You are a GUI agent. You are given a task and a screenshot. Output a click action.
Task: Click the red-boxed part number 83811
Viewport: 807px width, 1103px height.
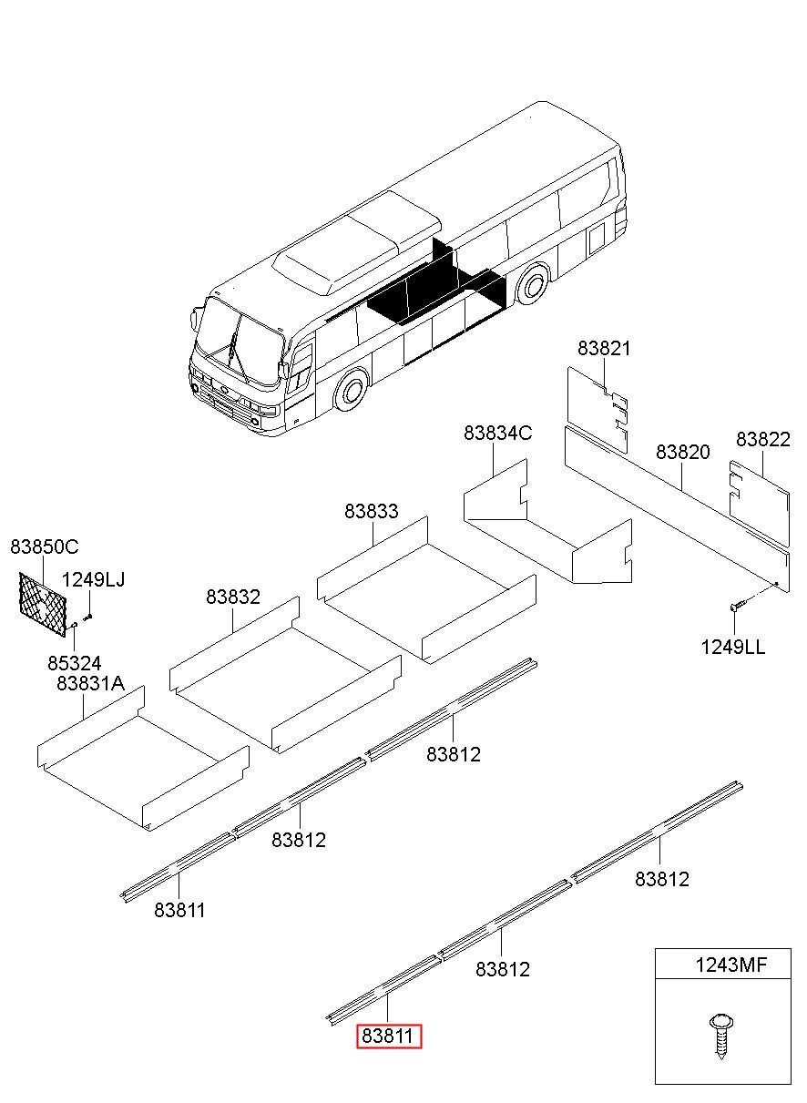pos(389,1037)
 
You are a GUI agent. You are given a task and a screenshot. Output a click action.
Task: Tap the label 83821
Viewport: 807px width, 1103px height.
pos(604,348)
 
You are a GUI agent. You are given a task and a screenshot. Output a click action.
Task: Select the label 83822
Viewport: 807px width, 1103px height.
pos(762,439)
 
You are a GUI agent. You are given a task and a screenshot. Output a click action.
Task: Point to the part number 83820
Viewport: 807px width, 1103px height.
pos(682,452)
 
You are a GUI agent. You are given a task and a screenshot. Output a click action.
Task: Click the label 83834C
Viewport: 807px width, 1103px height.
pos(497,433)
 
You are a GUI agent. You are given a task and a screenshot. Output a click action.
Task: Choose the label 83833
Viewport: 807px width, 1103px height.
pos(371,512)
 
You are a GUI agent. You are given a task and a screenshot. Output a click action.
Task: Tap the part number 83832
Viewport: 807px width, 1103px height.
pos(232,597)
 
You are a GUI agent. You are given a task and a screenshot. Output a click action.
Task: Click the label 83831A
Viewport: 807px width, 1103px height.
pos(90,683)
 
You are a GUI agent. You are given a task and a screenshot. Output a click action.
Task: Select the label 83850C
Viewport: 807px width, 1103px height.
pos(45,546)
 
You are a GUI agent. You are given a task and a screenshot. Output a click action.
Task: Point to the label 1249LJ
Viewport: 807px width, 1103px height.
pos(93,580)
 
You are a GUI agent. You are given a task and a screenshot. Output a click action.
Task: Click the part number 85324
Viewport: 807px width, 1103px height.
pos(75,663)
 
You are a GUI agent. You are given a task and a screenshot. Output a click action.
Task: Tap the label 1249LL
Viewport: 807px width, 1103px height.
pos(732,648)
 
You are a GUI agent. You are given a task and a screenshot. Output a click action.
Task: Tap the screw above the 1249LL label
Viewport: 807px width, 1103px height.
pos(737,604)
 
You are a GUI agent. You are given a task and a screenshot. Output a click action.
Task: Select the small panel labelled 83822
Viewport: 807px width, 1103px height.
pos(758,493)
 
